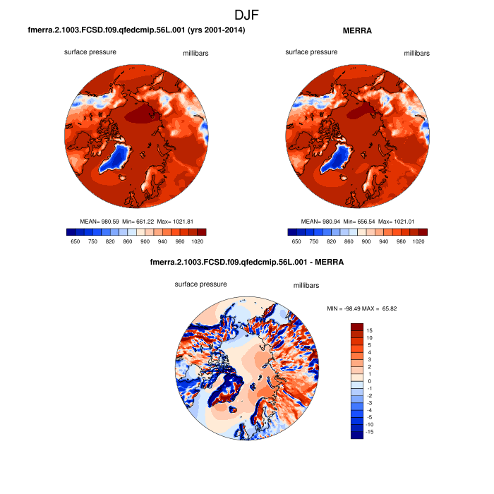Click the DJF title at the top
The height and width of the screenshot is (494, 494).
click(247, 14)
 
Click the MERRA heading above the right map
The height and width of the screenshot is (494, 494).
click(356, 31)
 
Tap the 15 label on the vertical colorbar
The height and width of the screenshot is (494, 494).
click(369, 330)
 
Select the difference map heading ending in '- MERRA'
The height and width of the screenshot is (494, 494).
click(247, 263)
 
